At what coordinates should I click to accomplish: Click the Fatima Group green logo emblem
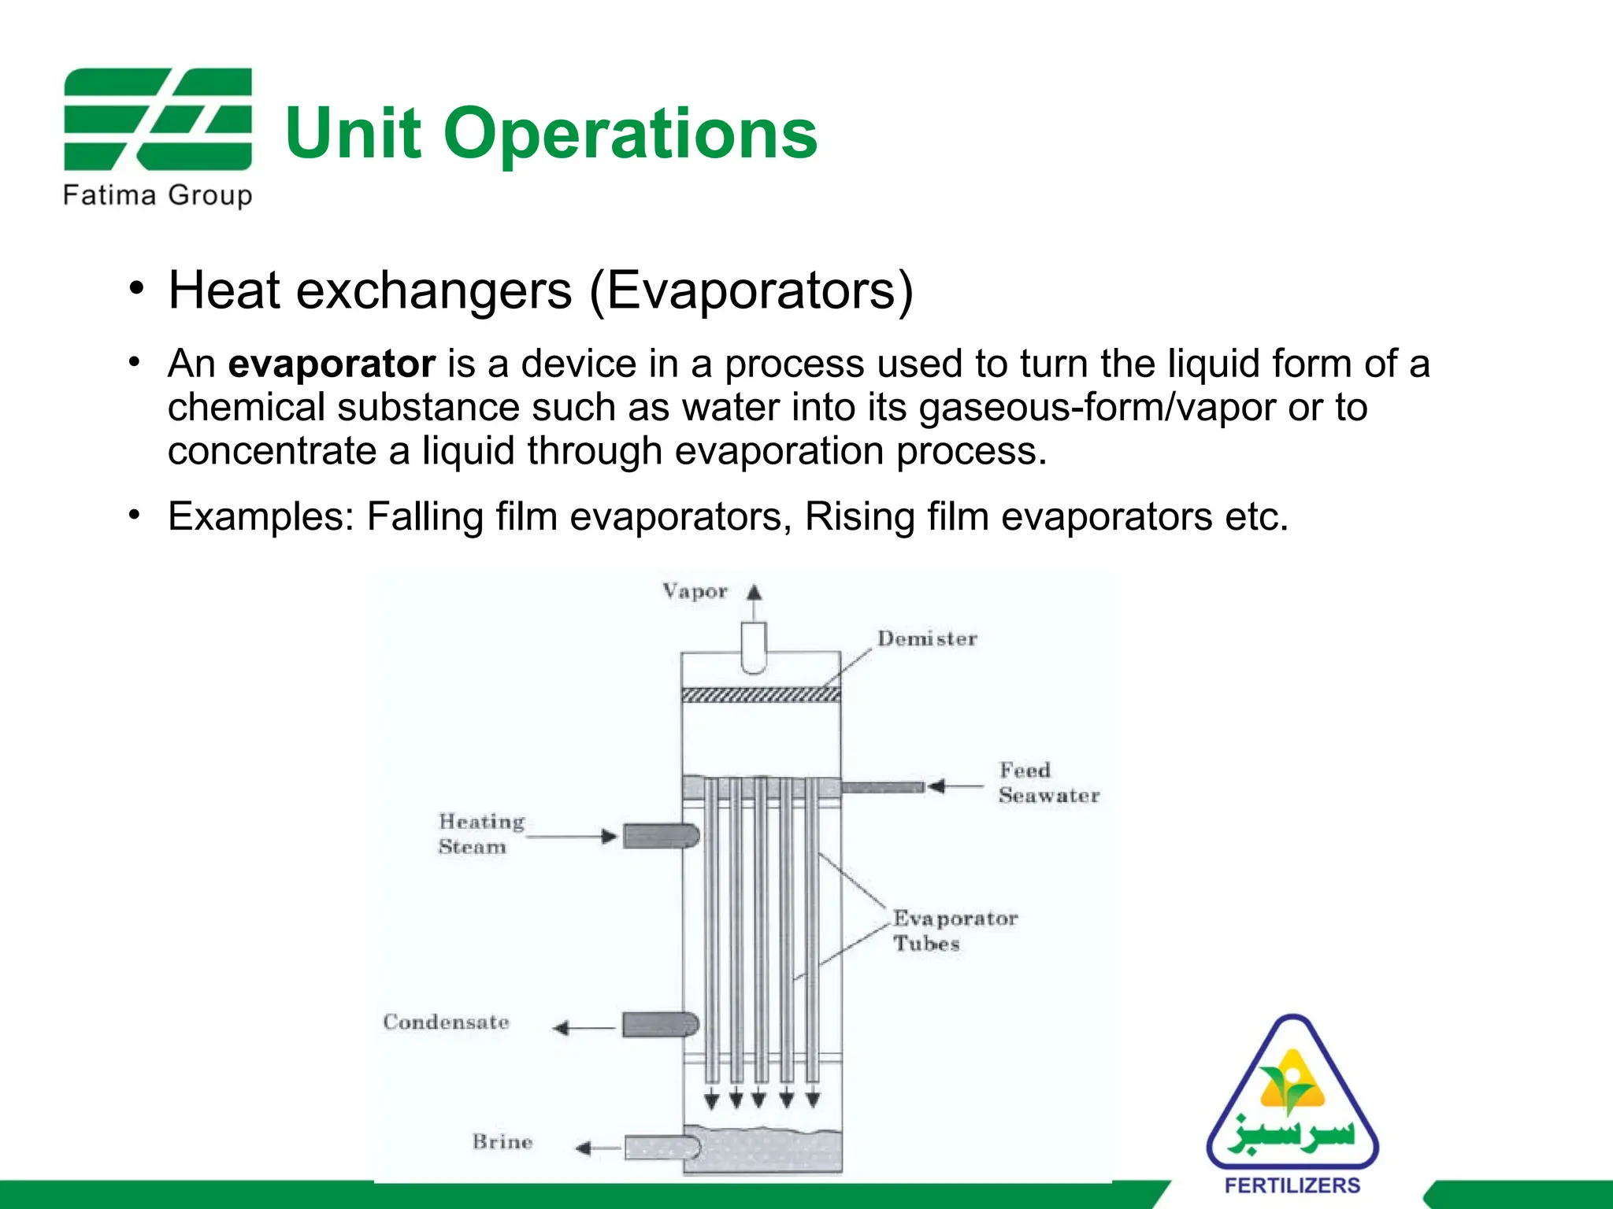158,119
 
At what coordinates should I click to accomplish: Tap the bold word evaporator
332,364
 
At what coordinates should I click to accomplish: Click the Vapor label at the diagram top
695,591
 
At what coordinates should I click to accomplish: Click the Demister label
927,638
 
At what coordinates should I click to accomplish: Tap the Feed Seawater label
1048,783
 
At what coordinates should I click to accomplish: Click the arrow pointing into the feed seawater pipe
954,786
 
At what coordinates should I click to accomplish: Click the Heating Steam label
481,834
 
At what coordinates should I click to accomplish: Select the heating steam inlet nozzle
660,835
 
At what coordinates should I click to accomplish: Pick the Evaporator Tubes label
954,930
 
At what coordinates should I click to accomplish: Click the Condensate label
446,1022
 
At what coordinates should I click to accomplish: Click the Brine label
502,1141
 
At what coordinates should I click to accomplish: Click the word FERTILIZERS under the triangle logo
1292,1185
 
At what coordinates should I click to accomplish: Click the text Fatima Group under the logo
158,194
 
